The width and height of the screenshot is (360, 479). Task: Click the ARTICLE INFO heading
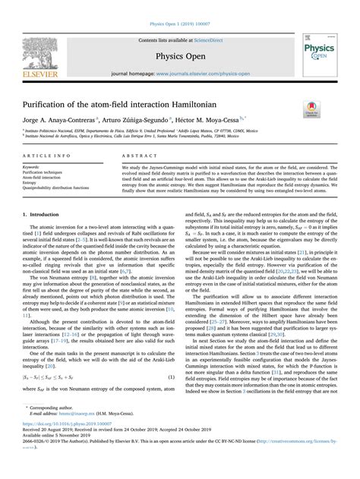coord(43,154)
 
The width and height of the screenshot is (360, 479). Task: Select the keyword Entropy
coord(33,181)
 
